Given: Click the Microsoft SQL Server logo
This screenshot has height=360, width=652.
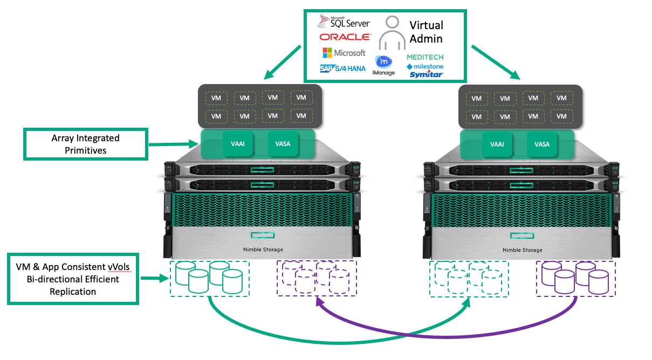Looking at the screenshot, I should point(344,23).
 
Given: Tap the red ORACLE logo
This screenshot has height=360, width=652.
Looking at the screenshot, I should point(345,37).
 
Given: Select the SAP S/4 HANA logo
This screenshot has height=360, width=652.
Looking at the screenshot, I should point(342,68).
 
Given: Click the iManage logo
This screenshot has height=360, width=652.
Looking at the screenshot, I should point(383,65).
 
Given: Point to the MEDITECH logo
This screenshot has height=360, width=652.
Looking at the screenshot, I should point(425,57).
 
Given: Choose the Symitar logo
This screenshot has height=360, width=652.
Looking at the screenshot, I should point(426,74).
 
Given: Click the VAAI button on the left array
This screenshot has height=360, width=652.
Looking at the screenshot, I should point(237,144).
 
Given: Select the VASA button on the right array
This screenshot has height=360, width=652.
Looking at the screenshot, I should point(541,144).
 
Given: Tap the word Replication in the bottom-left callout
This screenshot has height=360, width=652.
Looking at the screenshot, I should point(73,292).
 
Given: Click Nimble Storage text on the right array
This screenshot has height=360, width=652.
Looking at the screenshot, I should point(522,250).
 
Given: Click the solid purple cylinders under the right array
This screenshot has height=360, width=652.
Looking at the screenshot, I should point(576,279).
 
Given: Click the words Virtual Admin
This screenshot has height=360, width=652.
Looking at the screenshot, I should point(425,32).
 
